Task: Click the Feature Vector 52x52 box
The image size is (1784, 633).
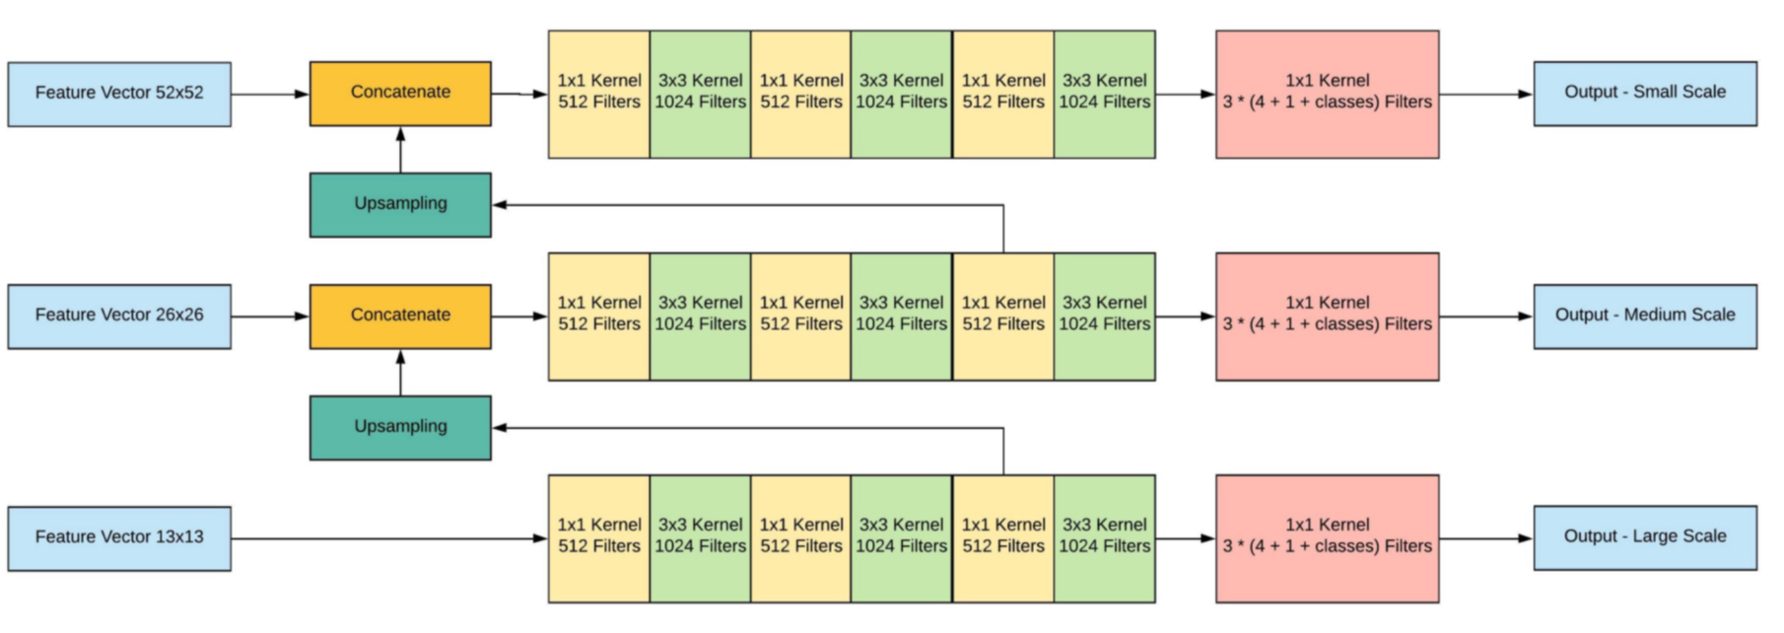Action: [x=119, y=94]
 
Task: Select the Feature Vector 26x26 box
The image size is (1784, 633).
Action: [x=119, y=316]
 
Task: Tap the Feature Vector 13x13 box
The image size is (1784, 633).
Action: [x=119, y=537]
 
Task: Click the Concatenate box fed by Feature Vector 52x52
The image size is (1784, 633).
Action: [x=400, y=93]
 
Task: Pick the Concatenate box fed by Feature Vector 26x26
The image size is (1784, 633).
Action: [x=400, y=316]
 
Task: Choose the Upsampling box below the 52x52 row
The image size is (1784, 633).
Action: [x=400, y=204]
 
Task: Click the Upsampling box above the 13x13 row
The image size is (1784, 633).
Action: [x=400, y=427]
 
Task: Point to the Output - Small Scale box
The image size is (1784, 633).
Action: [x=1644, y=93]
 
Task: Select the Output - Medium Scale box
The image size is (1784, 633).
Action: [x=1644, y=316]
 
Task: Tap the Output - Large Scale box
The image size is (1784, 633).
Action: [x=1644, y=537]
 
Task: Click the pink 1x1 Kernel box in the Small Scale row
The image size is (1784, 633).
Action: [x=1327, y=94]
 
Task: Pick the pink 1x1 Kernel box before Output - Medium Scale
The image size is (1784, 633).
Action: [x=1327, y=316]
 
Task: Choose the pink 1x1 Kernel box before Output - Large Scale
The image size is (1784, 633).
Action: [x=1327, y=537]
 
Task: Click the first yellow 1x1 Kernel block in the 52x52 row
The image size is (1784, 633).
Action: [x=599, y=94]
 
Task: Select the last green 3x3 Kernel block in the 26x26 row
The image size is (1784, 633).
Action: [x=1104, y=316]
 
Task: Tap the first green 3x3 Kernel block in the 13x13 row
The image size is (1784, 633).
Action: [x=700, y=537]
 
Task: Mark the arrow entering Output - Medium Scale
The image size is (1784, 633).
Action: [x=1485, y=316]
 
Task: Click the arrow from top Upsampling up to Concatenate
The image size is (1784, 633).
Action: [x=400, y=150]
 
